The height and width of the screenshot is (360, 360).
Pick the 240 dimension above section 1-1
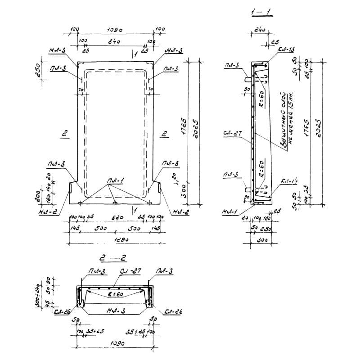(x=259, y=31)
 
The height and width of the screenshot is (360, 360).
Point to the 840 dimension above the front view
(x=115, y=41)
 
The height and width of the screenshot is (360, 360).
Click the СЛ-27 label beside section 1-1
(x=233, y=134)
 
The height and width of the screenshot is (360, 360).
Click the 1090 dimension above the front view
(x=116, y=30)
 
